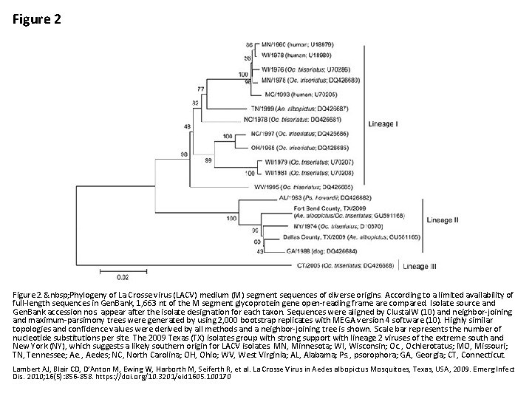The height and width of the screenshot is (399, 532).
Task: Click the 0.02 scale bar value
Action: click(123, 278)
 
